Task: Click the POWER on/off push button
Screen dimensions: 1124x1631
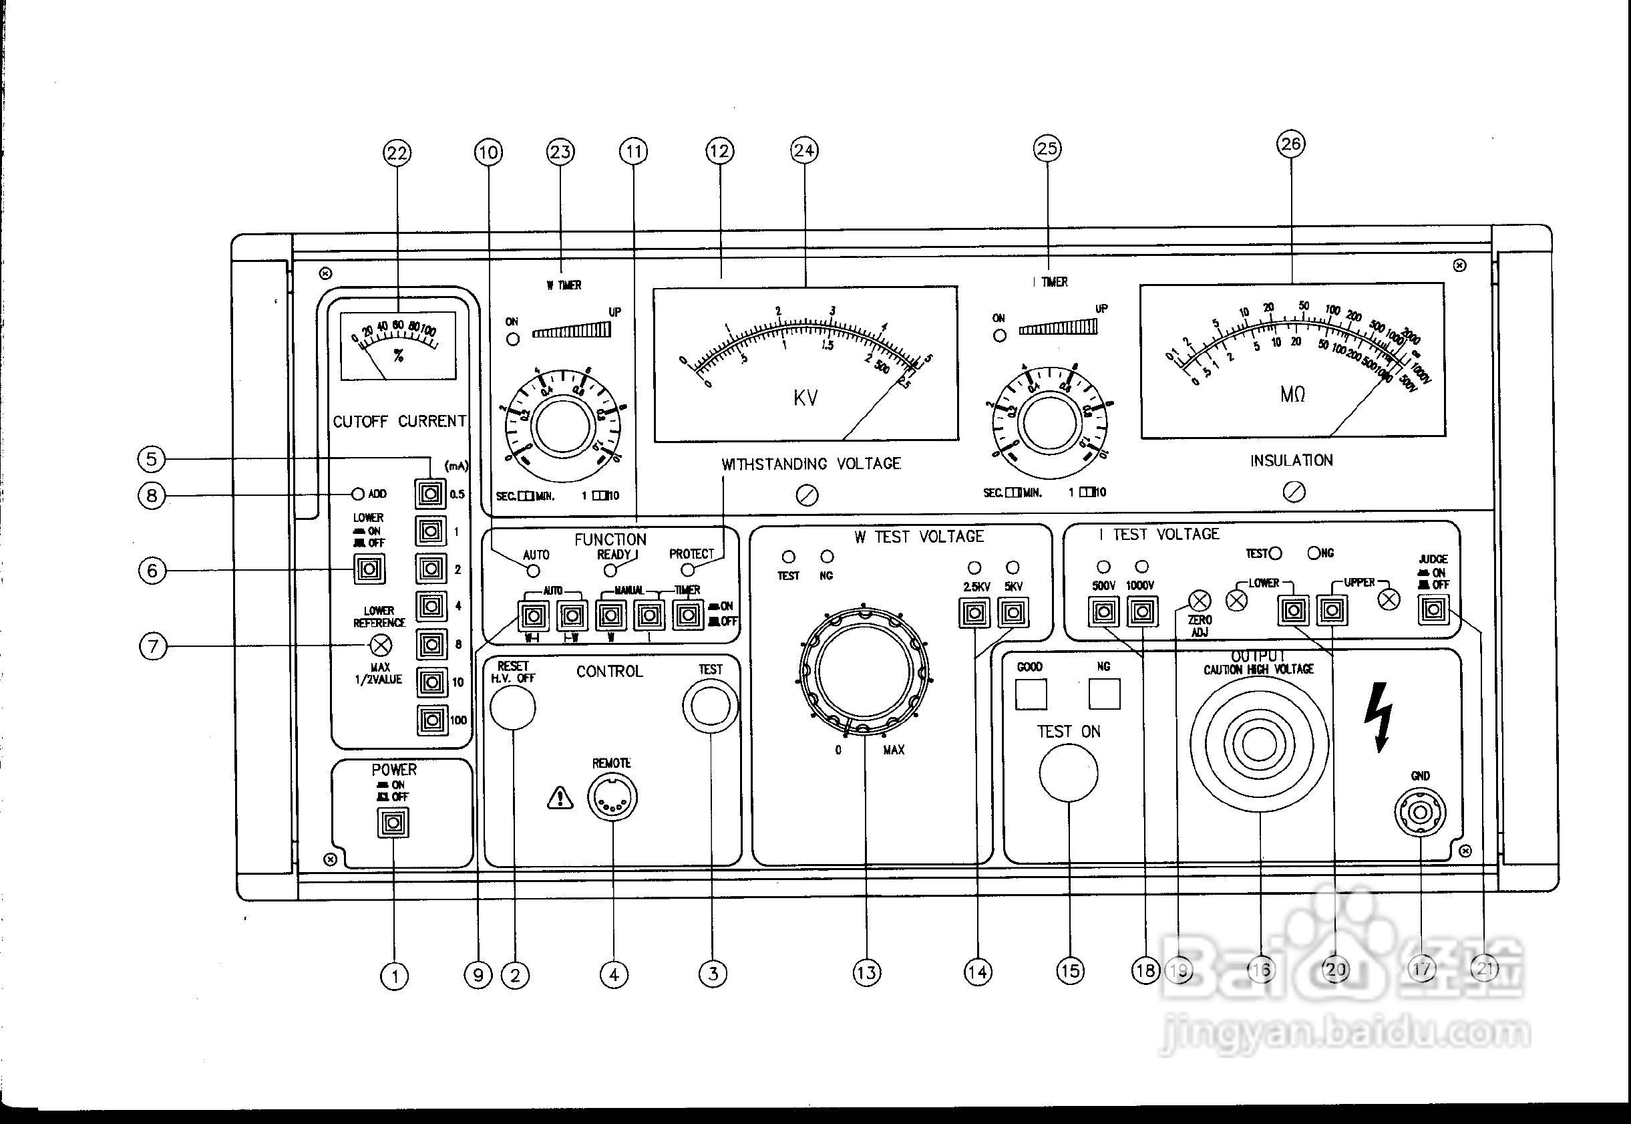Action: (x=393, y=823)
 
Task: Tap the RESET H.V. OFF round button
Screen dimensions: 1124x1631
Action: (x=512, y=707)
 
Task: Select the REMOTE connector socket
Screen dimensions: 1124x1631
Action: (x=613, y=798)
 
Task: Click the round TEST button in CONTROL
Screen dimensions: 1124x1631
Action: (x=710, y=705)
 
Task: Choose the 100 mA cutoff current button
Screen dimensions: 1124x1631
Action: (x=431, y=720)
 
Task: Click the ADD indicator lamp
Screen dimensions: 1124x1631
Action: (x=357, y=494)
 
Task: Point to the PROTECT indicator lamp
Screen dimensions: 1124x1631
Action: (x=688, y=570)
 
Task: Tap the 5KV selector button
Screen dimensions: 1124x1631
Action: (x=1013, y=613)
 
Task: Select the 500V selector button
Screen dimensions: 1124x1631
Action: (x=1103, y=611)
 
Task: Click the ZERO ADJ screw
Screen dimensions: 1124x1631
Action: (x=1200, y=601)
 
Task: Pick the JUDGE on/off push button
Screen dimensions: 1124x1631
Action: (x=1433, y=609)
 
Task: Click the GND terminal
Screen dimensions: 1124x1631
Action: (x=1420, y=813)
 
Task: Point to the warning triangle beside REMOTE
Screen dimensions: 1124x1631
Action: (x=560, y=798)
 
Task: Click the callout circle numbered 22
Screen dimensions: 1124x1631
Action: (x=397, y=153)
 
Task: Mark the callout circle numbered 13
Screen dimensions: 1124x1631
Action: (x=866, y=972)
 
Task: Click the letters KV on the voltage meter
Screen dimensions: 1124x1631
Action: (x=805, y=398)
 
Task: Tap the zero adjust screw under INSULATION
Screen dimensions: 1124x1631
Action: (x=1294, y=492)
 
